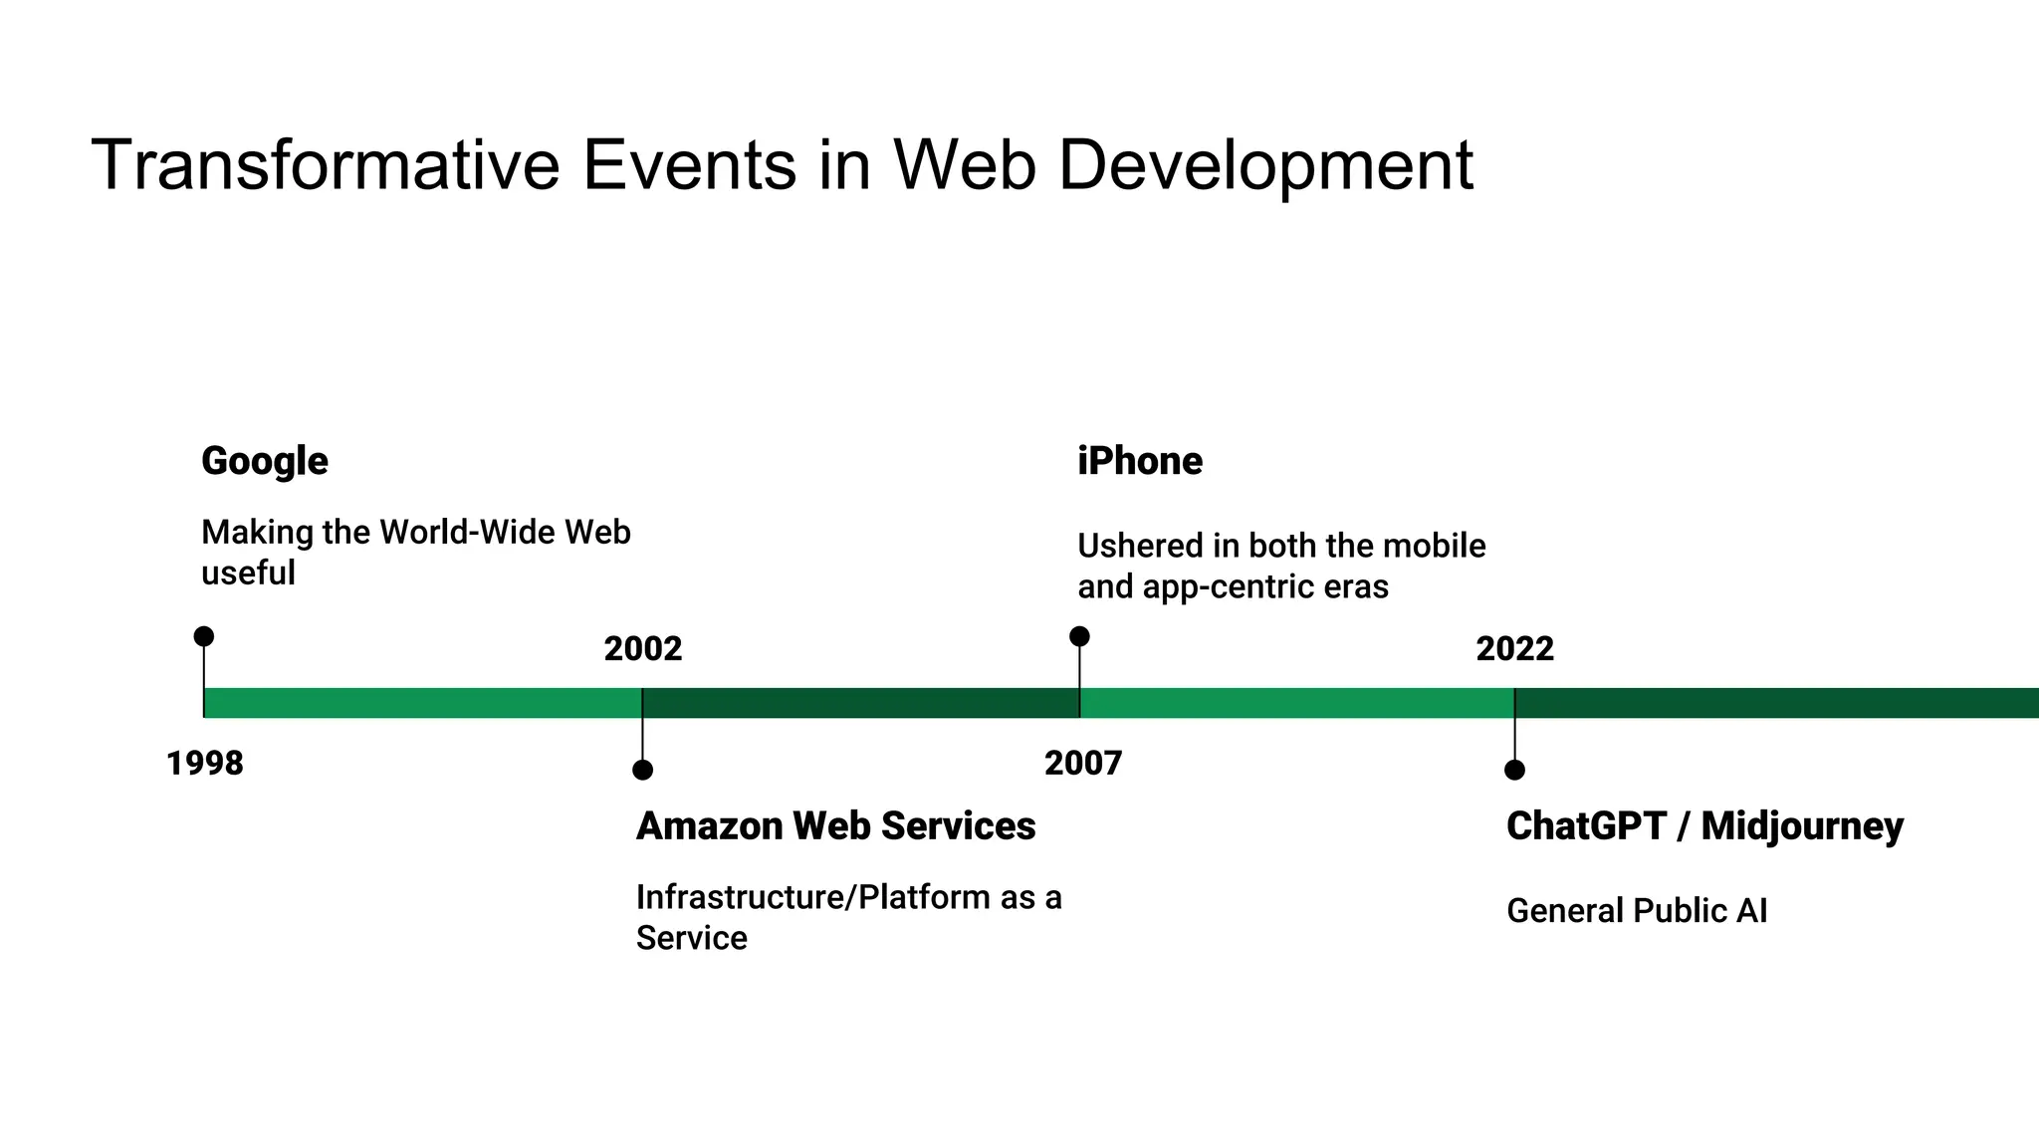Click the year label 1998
click(204, 764)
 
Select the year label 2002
click(643, 649)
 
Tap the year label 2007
click(1083, 764)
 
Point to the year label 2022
click(1514, 649)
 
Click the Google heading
click(264, 461)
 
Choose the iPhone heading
click(1140, 461)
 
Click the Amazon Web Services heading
click(835, 826)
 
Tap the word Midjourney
click(1802, 826)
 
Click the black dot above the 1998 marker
click(204, 636)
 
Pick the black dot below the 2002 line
click(643, 770)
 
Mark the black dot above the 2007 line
click(1079, 636)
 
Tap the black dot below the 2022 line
click(1514, 770)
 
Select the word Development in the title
click(1264, 164)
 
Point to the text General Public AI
click(1637, 911)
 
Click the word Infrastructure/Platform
click(812, 897)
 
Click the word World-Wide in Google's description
click(467, 533)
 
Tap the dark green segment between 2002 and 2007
click(861, 703)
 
